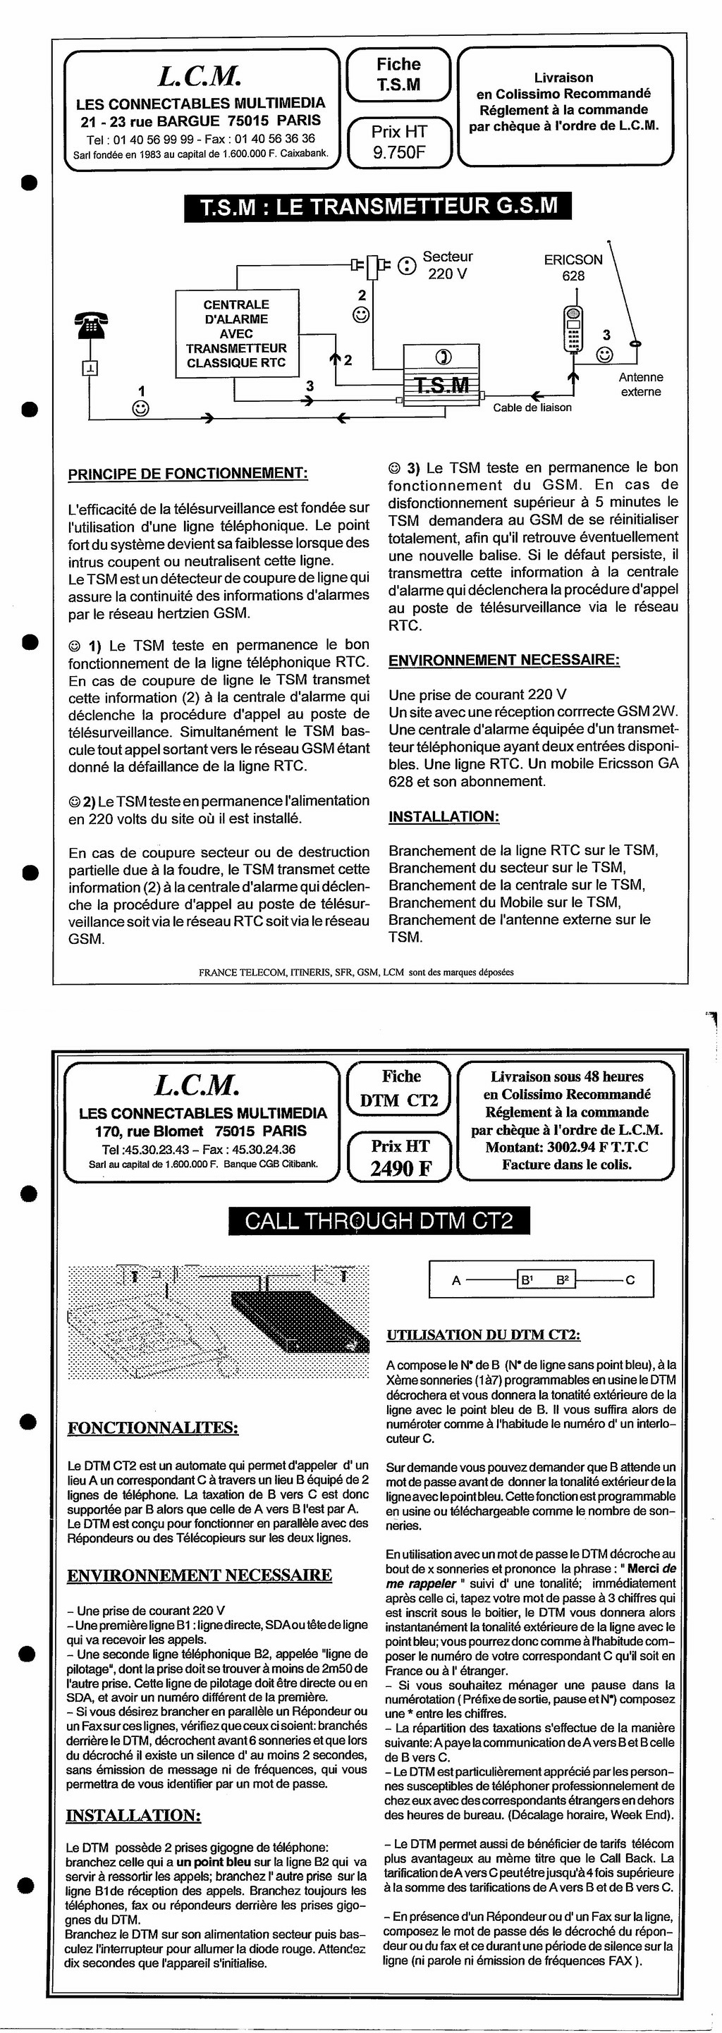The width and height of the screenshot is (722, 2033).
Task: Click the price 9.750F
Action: tap(398, 152)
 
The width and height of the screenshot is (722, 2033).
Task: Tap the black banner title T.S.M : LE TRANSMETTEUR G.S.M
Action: tap(378, 207)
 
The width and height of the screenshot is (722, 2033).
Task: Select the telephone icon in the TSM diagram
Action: tap(91, 324)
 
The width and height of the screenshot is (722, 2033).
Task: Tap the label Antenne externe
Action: tap(640, 384)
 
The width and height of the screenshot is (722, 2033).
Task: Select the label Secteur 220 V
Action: tap(448, 265)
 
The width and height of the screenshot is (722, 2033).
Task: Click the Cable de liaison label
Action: tap(532, 407)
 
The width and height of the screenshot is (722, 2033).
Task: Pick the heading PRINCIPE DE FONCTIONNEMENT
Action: tap(188, 474)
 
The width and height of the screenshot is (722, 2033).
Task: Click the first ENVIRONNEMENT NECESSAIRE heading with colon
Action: tap(503, 660)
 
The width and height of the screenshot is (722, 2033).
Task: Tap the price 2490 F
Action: tap(401, 1168)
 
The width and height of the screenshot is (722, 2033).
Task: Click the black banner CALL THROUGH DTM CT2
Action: tap(378, 1221)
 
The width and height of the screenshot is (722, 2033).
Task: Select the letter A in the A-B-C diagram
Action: tap(456, 1280)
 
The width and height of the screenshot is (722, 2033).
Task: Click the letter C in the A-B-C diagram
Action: tap(630, 1280)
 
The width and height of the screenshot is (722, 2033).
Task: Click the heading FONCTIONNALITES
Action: tap(153, 1427)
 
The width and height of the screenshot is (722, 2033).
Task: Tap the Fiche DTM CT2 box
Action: tap(399, 1088)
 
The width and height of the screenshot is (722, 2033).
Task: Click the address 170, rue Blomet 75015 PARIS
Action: tap(201, 1131)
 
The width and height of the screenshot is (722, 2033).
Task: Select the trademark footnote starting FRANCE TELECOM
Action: tap(356, 972)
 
